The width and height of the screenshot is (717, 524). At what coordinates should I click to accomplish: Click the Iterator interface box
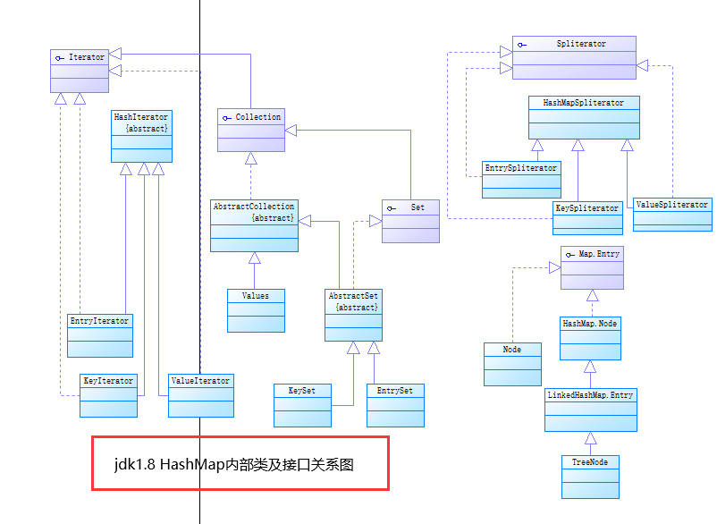[80, 71]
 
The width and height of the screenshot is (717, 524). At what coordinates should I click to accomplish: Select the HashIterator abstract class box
[141, 136]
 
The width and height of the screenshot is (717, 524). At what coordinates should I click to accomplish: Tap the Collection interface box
[251, 130]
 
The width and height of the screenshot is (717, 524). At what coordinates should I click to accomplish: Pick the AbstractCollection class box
[254, 225]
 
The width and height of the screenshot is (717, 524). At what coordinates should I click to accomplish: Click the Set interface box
[410, 220]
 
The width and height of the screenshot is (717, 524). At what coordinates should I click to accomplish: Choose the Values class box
[256, 310]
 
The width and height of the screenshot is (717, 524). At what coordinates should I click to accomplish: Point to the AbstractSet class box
[353, 314]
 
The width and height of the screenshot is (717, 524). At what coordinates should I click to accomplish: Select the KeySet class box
[302, 404]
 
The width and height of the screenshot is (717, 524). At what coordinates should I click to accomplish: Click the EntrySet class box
[395, 404]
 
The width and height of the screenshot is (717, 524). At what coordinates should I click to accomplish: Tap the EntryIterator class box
[100, 335]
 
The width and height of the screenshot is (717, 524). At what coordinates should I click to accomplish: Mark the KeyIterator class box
[108, 395]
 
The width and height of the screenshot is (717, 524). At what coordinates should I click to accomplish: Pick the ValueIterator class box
[201, 395]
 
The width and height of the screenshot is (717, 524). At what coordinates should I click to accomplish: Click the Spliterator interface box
[574, 56]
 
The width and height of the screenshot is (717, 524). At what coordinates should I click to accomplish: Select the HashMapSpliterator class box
[584, 117]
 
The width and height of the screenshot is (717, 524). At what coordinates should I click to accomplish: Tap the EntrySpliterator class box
[521, 179]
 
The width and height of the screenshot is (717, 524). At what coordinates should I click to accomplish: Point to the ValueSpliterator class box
[672, 215]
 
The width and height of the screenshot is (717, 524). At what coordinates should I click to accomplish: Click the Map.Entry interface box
[592, 267]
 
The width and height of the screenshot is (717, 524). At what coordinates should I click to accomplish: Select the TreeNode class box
[590, 477]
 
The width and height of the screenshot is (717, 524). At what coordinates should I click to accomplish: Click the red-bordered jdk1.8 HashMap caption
[240, 463]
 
